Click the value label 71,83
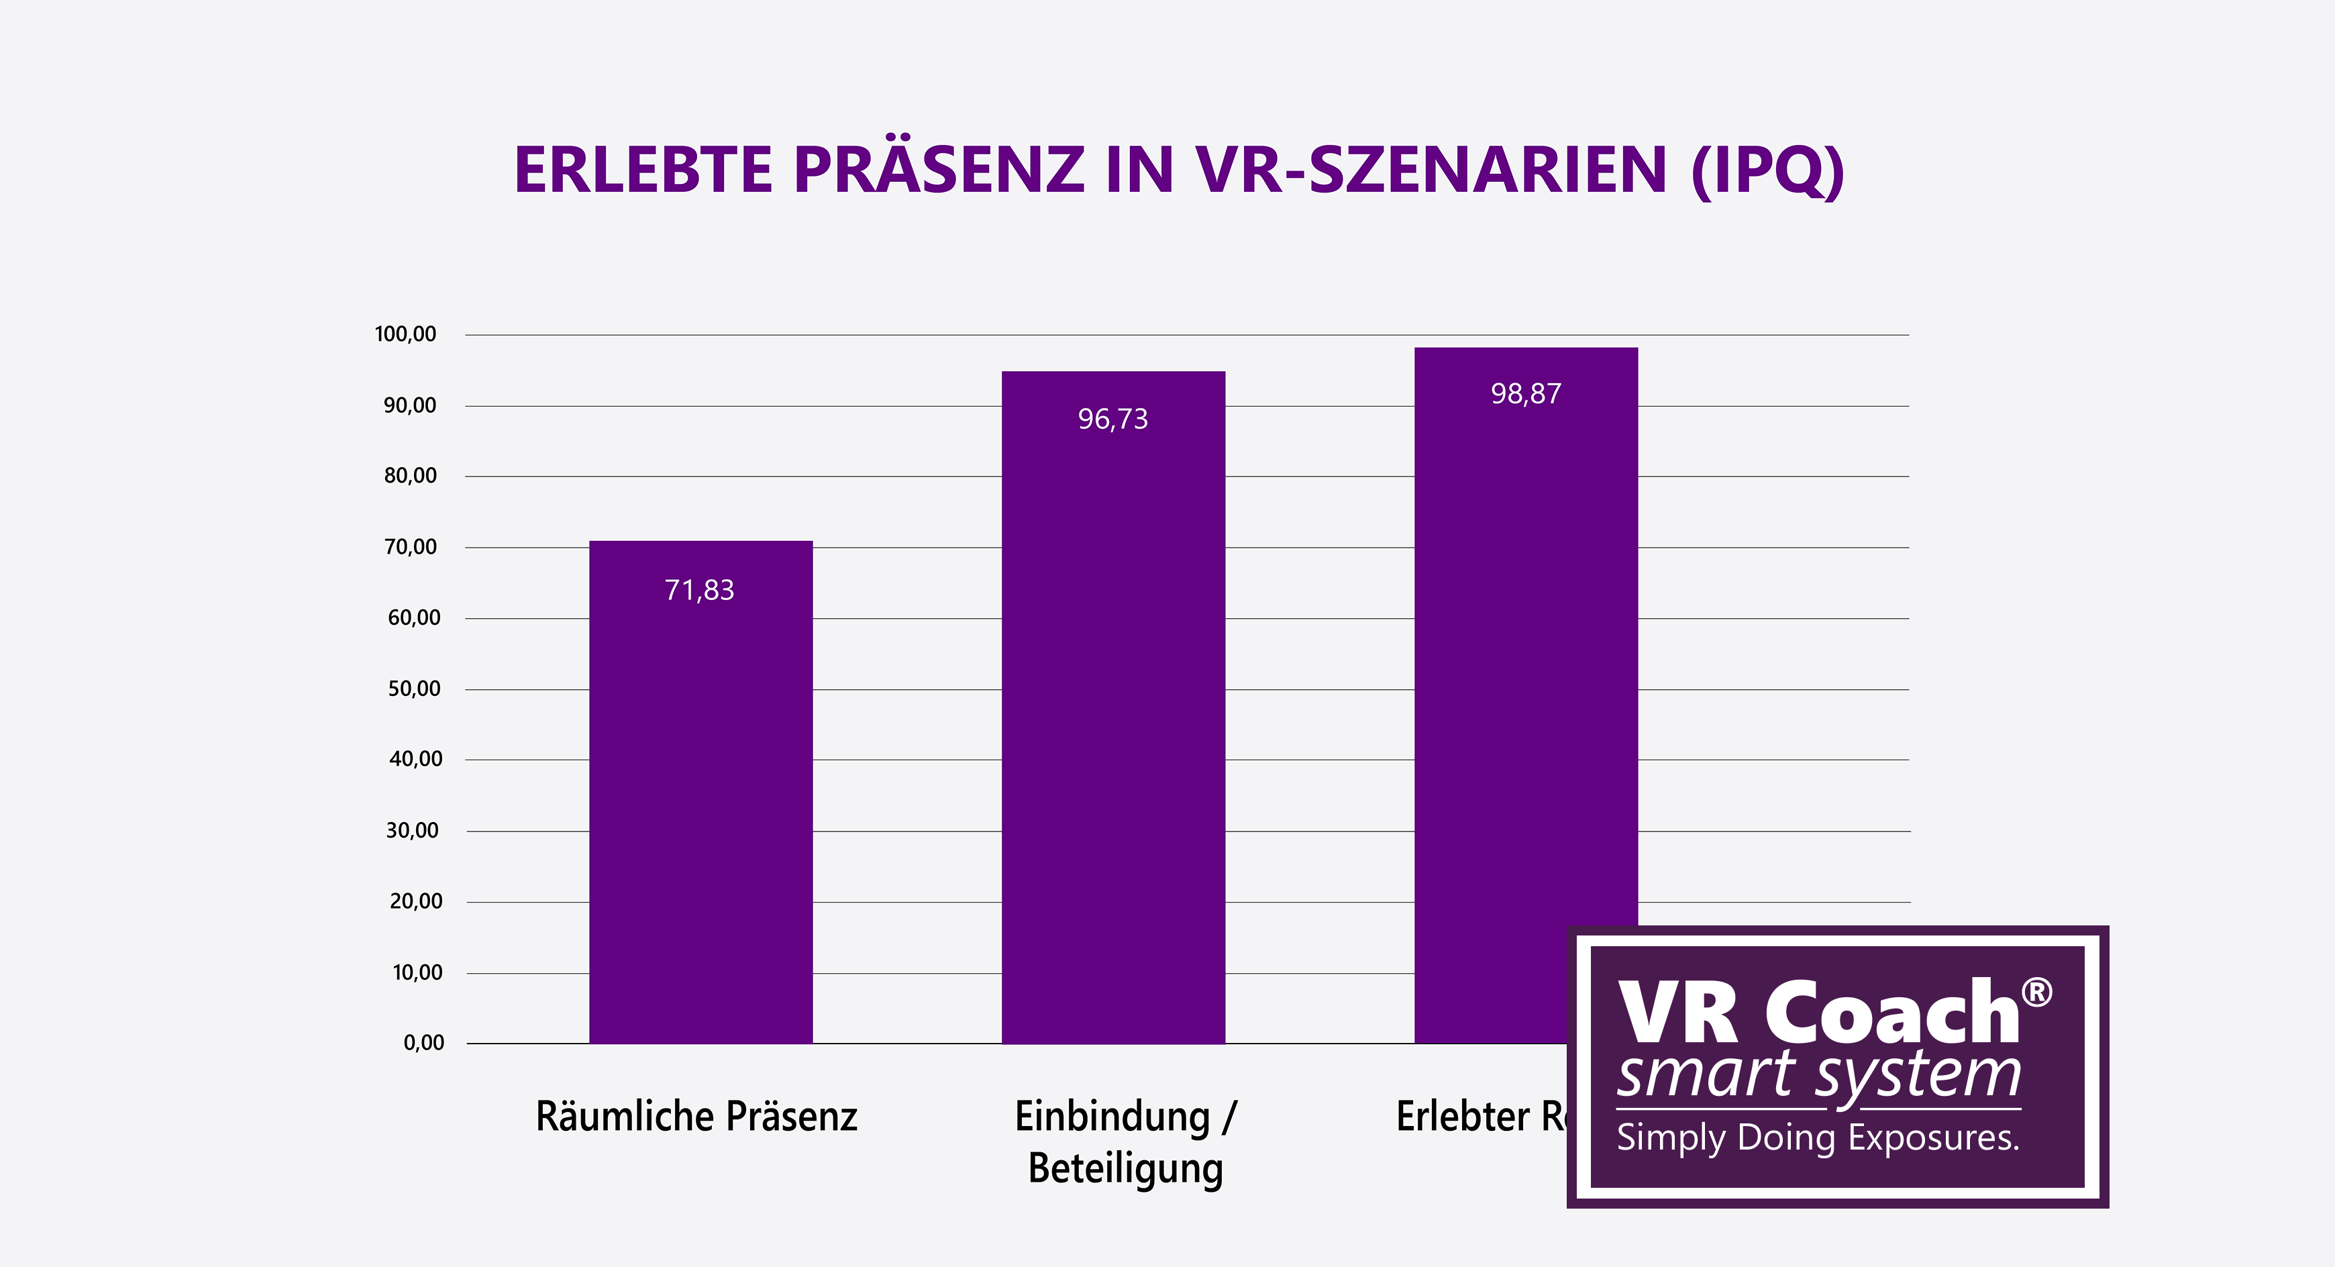[x=700, y=590]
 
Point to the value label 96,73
[x=1112, y=419]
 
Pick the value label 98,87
[x=1526, y=393]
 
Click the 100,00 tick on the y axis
[x=405, y=334]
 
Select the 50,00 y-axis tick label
[x=413, y=689]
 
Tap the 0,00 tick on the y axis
[x=423, y=1043]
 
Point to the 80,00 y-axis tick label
[x=410, y=476]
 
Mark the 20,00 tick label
[x=415, y=902]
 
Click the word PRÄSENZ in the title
[x=939, y=170]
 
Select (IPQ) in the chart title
[x=1767, y=170]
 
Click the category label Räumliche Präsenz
[x=696, y=1117]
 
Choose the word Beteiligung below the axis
[x=1125, y=1168]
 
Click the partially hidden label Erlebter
[x=1462, y=1117]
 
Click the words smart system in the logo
[x=1818, y=1076]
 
